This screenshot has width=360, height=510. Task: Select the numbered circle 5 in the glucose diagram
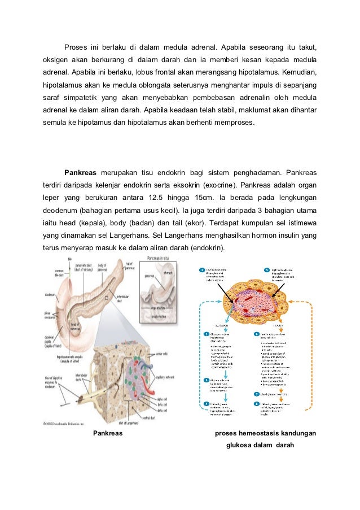[x=267, y=270]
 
